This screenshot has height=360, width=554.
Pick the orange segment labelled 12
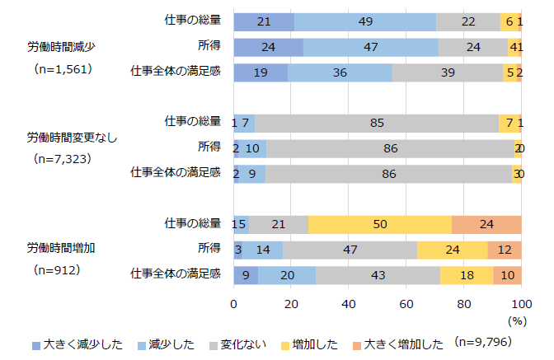pos(504,250)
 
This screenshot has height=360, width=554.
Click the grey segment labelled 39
pos(448,72)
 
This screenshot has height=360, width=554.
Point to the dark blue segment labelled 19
pos(261,72)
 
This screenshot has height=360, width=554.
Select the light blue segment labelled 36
pos(340,72)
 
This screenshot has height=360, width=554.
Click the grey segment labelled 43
pos(378,274)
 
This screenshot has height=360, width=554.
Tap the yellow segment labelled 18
pos(467,274)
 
